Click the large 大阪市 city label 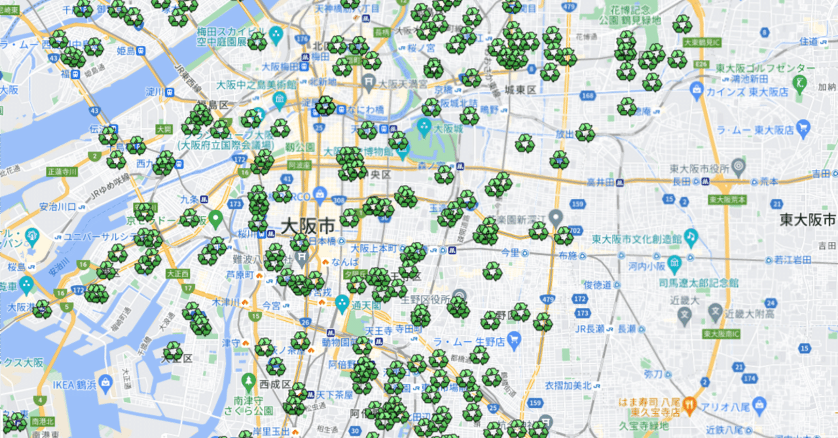[308, 227]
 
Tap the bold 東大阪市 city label [808, 220]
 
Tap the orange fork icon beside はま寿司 [689, 407]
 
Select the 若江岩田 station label [793, 260]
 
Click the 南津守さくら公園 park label [249, 405]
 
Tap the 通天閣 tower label [365, 305]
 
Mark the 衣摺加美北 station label [568, 385]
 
